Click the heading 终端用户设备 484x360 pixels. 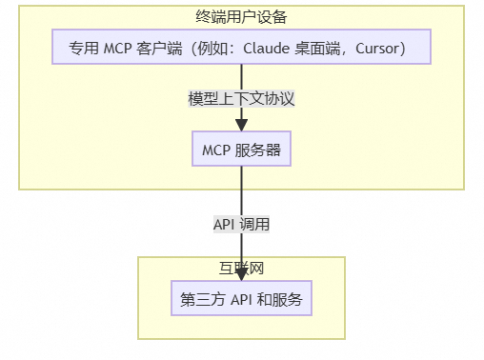tap(241, 17)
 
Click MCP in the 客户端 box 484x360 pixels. tap(118, 49)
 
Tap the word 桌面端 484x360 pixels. tap(319, 49)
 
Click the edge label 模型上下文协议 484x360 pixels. tap(241, 98)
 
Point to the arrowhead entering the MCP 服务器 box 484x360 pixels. tap(241, 124)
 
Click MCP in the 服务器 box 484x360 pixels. tap(216, 150)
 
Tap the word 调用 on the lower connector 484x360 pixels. tap(255, 225)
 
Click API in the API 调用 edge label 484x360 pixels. tap(225, 225)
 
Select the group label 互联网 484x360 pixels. tap(241, 268)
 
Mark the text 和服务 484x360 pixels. tap(279, 299)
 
